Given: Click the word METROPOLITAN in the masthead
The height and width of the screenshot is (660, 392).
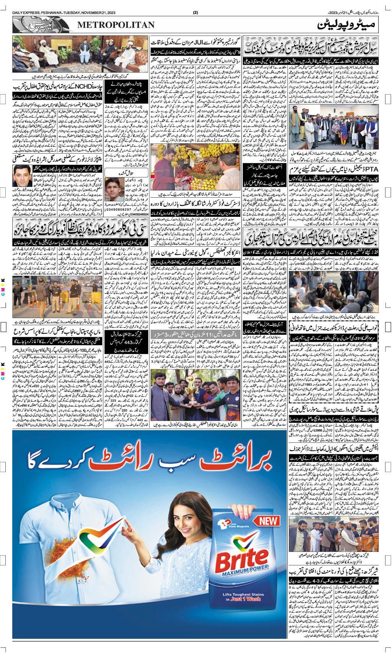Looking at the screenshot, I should tap(116, 25).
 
